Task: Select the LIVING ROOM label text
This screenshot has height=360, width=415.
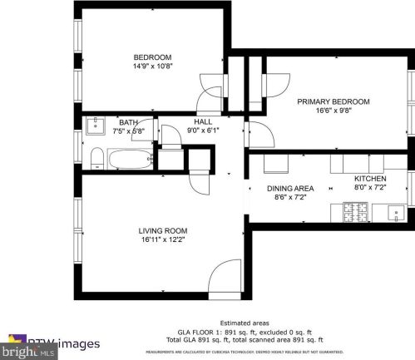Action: (162, 230)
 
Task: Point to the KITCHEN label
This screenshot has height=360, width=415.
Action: (370, 179)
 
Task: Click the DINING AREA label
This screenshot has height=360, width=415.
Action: (290, 189)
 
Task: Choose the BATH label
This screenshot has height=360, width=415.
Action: (128, 121)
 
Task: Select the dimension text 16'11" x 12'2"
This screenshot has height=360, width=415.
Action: (162, 240)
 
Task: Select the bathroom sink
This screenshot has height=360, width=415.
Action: (96, 126)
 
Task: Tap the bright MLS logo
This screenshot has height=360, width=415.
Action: (17, 346)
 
